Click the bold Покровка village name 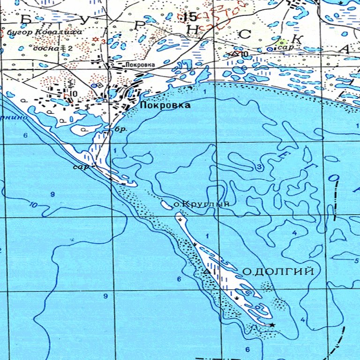[x=165, y=106]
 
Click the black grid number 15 [x=190, y=18]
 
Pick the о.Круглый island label [x=202, y=204]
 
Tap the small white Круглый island [x=165, y=204]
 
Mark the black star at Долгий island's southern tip [x=272, y=324]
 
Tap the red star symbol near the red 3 [x=96, y=39]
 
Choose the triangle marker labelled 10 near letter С [x=234, y=54]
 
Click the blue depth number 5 [x=356, y=261]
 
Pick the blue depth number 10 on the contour [x=33, y=204]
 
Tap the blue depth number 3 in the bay [x=258, y=167]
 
